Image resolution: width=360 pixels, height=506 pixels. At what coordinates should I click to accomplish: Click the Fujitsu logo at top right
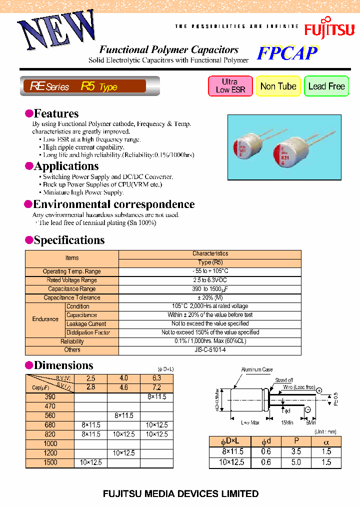(329, 27)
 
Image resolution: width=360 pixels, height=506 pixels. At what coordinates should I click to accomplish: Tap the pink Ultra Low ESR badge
(230, 86)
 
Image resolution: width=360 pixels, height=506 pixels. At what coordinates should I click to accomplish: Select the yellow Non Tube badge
(278, 86)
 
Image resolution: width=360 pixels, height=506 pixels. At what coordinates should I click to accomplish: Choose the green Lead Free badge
(326, 86)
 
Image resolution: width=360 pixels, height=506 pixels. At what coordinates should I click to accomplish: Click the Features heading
(55, 113)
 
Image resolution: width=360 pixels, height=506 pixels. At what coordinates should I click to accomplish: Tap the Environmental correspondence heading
(113, 204)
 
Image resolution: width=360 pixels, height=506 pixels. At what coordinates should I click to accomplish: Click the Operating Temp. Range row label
(71, 271)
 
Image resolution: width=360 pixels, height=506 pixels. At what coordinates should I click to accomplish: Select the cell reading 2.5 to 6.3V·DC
(209, 280)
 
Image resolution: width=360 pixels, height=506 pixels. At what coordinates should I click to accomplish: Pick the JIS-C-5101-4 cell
(209, 350)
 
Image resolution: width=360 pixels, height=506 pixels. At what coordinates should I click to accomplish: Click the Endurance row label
(45, 319)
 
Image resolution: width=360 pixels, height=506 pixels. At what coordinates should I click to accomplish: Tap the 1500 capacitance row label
(49, 462)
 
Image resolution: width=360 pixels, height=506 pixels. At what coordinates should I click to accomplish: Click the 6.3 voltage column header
(156, 378)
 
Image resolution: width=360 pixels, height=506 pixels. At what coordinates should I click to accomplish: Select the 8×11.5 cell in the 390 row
(156, 397)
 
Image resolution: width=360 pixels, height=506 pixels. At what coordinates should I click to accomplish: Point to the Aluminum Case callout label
(257, 369)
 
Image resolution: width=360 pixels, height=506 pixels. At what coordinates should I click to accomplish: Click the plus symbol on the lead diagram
(318, 390)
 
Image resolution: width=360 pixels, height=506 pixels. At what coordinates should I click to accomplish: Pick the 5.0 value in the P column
(296, 462)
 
